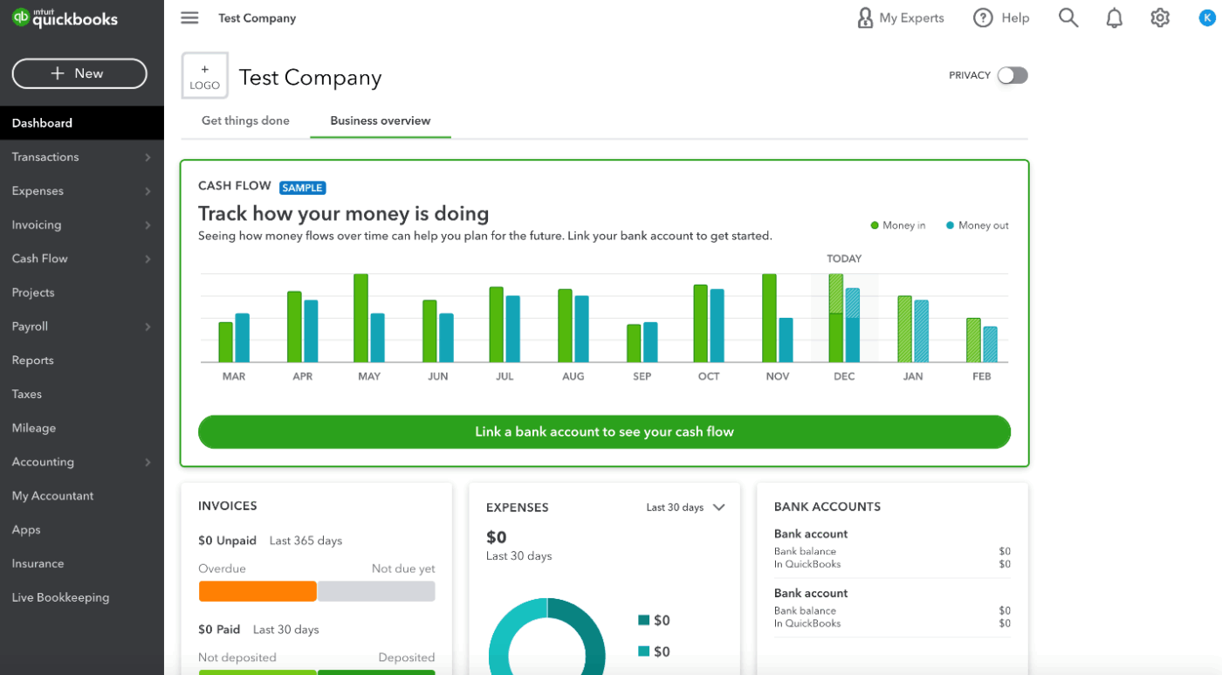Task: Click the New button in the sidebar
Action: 79,73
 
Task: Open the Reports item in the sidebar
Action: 33,360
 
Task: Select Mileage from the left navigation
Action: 34,428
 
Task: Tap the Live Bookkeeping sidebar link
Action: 60,597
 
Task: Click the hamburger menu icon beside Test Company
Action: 189,17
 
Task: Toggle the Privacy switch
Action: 1013,75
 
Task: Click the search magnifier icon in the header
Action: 1068,17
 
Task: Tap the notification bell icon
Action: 1115,18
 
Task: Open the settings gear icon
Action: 1160,17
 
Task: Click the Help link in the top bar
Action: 1002,17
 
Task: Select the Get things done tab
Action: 245,121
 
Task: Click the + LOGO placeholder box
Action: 205,76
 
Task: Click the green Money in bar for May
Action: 360,318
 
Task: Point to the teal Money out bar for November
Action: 786,340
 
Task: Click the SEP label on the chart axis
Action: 642,376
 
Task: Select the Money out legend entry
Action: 978,225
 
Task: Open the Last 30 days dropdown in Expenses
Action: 685,507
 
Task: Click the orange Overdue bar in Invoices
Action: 257,591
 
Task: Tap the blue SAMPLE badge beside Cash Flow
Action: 303,188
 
